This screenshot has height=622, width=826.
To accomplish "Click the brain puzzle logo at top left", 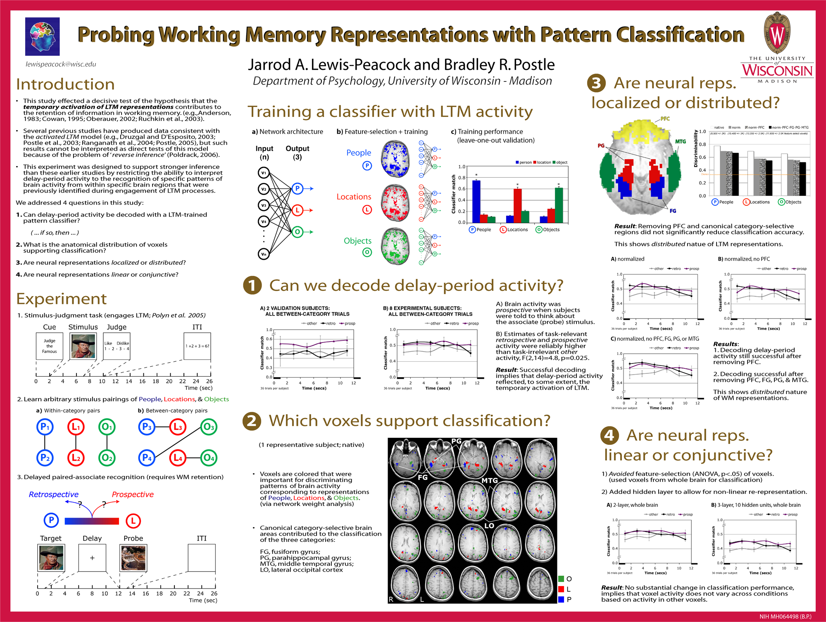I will tap(42, 36).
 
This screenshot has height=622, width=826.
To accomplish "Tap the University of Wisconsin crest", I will tap(777, 33).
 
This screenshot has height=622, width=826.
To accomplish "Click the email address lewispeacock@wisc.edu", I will tap(61, 64).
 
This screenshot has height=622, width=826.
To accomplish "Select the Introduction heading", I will tap(65, 84).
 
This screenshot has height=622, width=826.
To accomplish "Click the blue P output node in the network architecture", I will tap(297, 189).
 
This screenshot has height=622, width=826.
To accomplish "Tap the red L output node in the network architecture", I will tap(297, 210).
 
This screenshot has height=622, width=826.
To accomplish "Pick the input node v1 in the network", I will tap(264, 173).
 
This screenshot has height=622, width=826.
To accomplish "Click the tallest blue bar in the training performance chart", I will tap(476, 201).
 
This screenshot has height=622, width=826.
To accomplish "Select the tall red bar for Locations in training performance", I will tap(517, 205).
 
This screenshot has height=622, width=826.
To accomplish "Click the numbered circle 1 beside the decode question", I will tap(252, 285).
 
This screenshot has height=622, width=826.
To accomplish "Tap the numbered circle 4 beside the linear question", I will tap(609, 435).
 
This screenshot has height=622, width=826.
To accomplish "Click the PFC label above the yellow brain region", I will tap(665, 119).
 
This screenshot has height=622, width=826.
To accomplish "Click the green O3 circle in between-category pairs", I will tap(209, 427).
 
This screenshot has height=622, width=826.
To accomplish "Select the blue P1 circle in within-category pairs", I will tap(45, 427).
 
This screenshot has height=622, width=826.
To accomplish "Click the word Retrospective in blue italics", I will tap(54, 494).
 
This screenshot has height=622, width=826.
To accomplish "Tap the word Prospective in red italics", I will tap(133, 494).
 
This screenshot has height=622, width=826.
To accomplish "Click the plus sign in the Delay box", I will tap(92, 558).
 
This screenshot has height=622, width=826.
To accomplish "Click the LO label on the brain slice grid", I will tap(489, 526).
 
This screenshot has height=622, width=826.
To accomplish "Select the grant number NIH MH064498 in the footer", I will tap(785, 616).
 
